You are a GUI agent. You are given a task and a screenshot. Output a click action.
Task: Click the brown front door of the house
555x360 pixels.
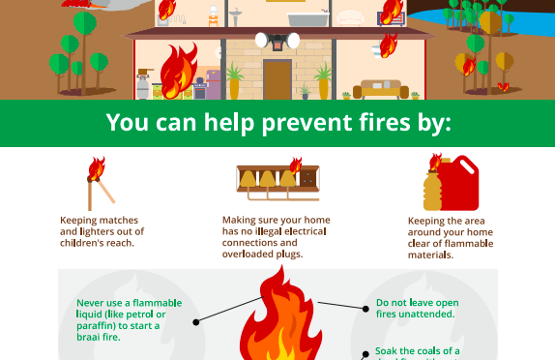coord(277,78)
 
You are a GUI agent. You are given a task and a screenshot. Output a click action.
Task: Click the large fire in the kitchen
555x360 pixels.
coord(176,71)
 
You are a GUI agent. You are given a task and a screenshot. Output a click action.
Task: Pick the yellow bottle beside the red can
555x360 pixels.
coord(432,188)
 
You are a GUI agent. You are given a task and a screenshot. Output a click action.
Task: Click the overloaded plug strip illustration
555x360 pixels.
coord(277,181)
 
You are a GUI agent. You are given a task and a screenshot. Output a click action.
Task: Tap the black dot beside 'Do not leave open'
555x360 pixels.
coord(366,310)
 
